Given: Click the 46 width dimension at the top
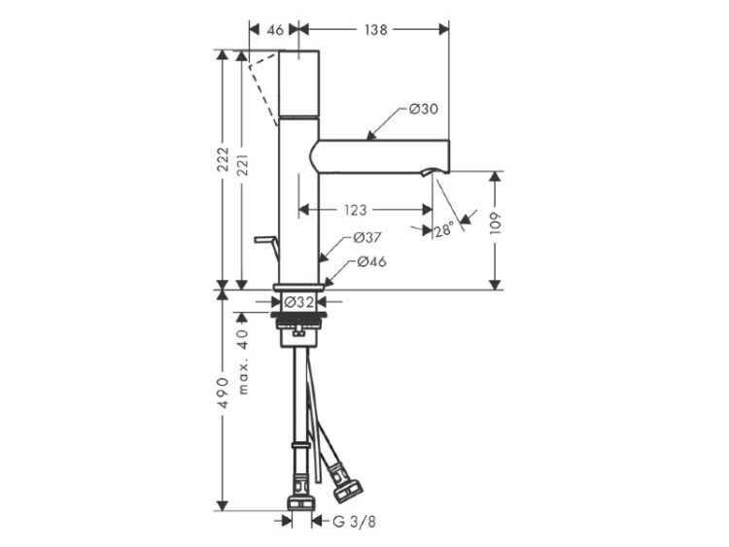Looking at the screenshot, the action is coord(275,30).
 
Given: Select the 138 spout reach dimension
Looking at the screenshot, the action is coord(375,30).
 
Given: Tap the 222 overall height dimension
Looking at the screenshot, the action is coord(225,159).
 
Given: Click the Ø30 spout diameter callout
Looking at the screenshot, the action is coord(424,109).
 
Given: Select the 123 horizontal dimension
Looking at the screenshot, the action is coord(356,210).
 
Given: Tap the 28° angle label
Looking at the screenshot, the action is coord(444,229).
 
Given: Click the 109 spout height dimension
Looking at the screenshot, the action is coord(496,223).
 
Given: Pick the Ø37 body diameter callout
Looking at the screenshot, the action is coord(366,238).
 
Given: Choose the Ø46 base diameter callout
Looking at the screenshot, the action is coord(372,262).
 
